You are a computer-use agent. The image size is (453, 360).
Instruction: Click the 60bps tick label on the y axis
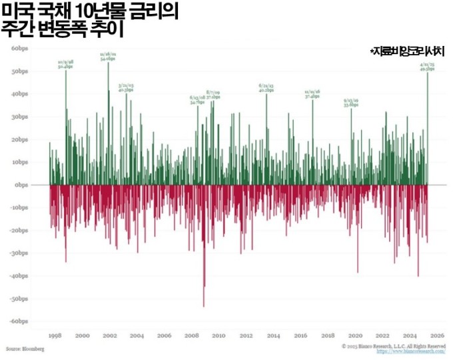18,49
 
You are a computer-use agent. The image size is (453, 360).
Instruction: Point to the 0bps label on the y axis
19,185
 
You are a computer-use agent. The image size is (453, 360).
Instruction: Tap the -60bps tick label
17,321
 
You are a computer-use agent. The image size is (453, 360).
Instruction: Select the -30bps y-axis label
17,253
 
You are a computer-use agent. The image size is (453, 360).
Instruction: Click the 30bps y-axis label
18,117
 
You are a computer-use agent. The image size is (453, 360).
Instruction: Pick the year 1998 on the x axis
55,335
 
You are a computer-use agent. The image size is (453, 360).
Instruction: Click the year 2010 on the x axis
219,335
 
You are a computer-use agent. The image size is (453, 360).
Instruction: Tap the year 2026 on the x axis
436,335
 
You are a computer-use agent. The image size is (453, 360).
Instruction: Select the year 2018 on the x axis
327,335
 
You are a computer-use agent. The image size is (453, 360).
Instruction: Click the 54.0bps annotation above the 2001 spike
108,59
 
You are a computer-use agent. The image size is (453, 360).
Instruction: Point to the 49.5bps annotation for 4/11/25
427,68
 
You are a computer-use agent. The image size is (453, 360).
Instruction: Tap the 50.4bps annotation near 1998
65,67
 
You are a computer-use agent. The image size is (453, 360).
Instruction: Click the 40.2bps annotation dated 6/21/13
266,90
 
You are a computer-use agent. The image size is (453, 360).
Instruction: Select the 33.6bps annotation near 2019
351,105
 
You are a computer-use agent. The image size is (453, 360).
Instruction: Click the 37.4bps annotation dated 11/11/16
312,95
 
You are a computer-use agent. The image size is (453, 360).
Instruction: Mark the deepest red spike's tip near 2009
204,306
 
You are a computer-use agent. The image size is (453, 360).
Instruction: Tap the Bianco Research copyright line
393,347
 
